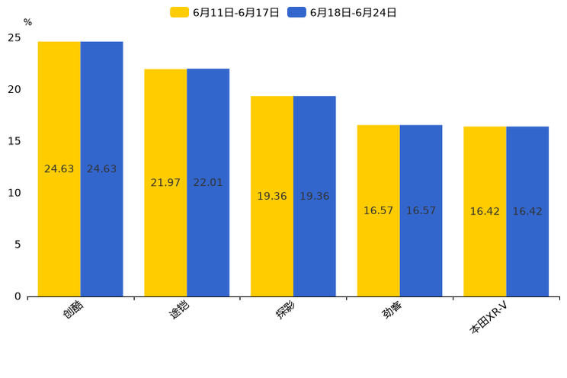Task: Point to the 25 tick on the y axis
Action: tap(14, 38)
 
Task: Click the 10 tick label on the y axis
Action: tap(14, 193)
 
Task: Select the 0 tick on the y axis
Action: tap(18, 296)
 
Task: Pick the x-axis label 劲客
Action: tap(392, 311)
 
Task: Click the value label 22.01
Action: tap(208, 183)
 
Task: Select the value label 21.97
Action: tap(165, 183)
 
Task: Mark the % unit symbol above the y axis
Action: tap(27, 23)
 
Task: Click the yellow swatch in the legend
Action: tap(179, 12)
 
